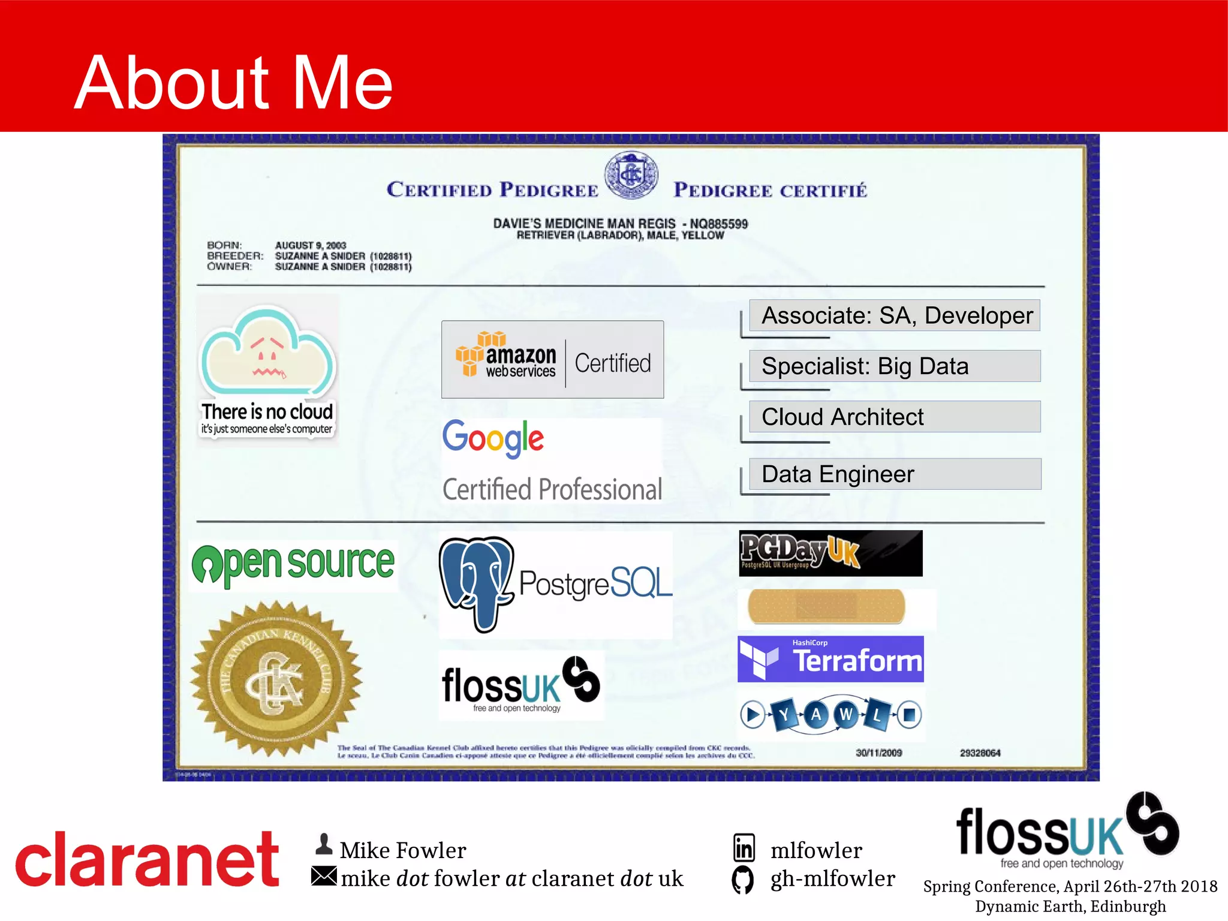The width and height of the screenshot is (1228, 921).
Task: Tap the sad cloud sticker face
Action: pyautogui.click(x=267, y=354)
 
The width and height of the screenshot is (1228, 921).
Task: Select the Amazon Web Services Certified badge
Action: pyautogui.click(x=552, y=360)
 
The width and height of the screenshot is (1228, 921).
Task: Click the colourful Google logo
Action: pyautogui.click(x=493, y=438)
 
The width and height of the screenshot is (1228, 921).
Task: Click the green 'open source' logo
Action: pyautogui.click(x=293, y=565)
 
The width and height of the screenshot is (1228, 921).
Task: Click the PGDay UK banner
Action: pyautogui.click(x=830, y=553)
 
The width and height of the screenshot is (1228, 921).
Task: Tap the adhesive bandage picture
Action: pyautogui.click(x=826, y=606)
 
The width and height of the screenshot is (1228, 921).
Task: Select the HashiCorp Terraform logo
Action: pyautogui.click(x=830, y=659)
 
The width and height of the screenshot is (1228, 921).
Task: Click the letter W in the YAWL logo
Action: pyautogui.click(x=846, y=714)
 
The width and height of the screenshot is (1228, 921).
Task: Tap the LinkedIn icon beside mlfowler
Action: pyautogui.click(x=744, y=848)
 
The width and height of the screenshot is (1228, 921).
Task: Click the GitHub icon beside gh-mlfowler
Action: pyautogui.click(x=743, y=880)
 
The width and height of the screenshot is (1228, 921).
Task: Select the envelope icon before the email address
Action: pyautogui.click(x=324, y=876)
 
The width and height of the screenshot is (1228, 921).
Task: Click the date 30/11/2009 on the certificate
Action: pyautogui.click(x=878, y=753)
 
